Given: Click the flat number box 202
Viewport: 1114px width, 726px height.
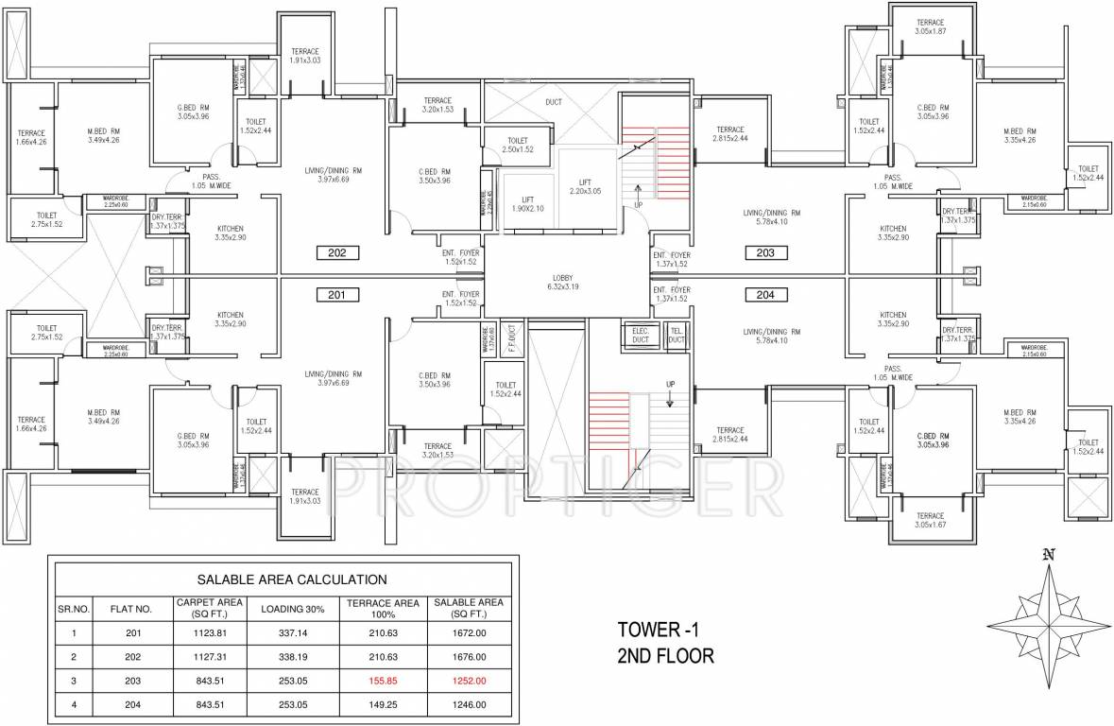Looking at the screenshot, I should [x=337, y=252].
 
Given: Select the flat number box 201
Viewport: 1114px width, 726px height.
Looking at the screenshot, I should [x=337, y=295].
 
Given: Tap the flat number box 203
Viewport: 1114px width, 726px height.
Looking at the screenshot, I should [x=765, y=252].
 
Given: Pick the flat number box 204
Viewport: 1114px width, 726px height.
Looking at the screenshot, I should [x=765, y=295].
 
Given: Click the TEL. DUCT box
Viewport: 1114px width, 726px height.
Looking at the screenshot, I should [x=676, y=336].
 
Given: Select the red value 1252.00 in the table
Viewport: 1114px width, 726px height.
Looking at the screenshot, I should [x=469, y=681].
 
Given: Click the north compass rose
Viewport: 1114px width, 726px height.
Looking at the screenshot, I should [x=1047, y=619].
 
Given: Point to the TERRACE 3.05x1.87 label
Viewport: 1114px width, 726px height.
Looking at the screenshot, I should [x=930, y=27].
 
